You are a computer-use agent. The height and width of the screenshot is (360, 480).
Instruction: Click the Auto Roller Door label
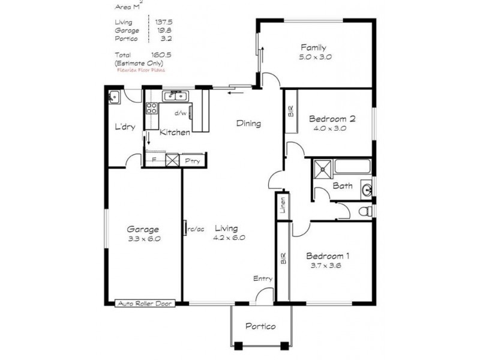(144, 304)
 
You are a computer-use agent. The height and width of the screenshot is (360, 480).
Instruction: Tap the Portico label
(261, 326)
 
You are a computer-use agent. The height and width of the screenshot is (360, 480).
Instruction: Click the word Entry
(263, 278)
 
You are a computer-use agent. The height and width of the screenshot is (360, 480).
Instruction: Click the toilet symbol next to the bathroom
(364, 211)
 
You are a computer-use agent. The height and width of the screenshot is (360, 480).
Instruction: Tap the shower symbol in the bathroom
(323, 169)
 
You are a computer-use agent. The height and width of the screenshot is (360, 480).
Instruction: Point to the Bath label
(343, 186)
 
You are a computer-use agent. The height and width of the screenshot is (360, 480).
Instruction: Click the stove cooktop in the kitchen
(151, 109)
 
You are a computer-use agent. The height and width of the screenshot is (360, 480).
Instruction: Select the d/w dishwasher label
(181, 113)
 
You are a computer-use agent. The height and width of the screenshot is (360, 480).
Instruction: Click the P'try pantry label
(192, 161)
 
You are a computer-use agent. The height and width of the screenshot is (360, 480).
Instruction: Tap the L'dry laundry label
(125, 127)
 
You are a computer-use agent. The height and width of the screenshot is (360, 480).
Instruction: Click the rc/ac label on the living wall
(195, 228)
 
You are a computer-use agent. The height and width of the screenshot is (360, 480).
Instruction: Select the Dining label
(248, 124)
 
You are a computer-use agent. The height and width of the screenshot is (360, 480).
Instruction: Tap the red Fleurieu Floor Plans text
(140, 70)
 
